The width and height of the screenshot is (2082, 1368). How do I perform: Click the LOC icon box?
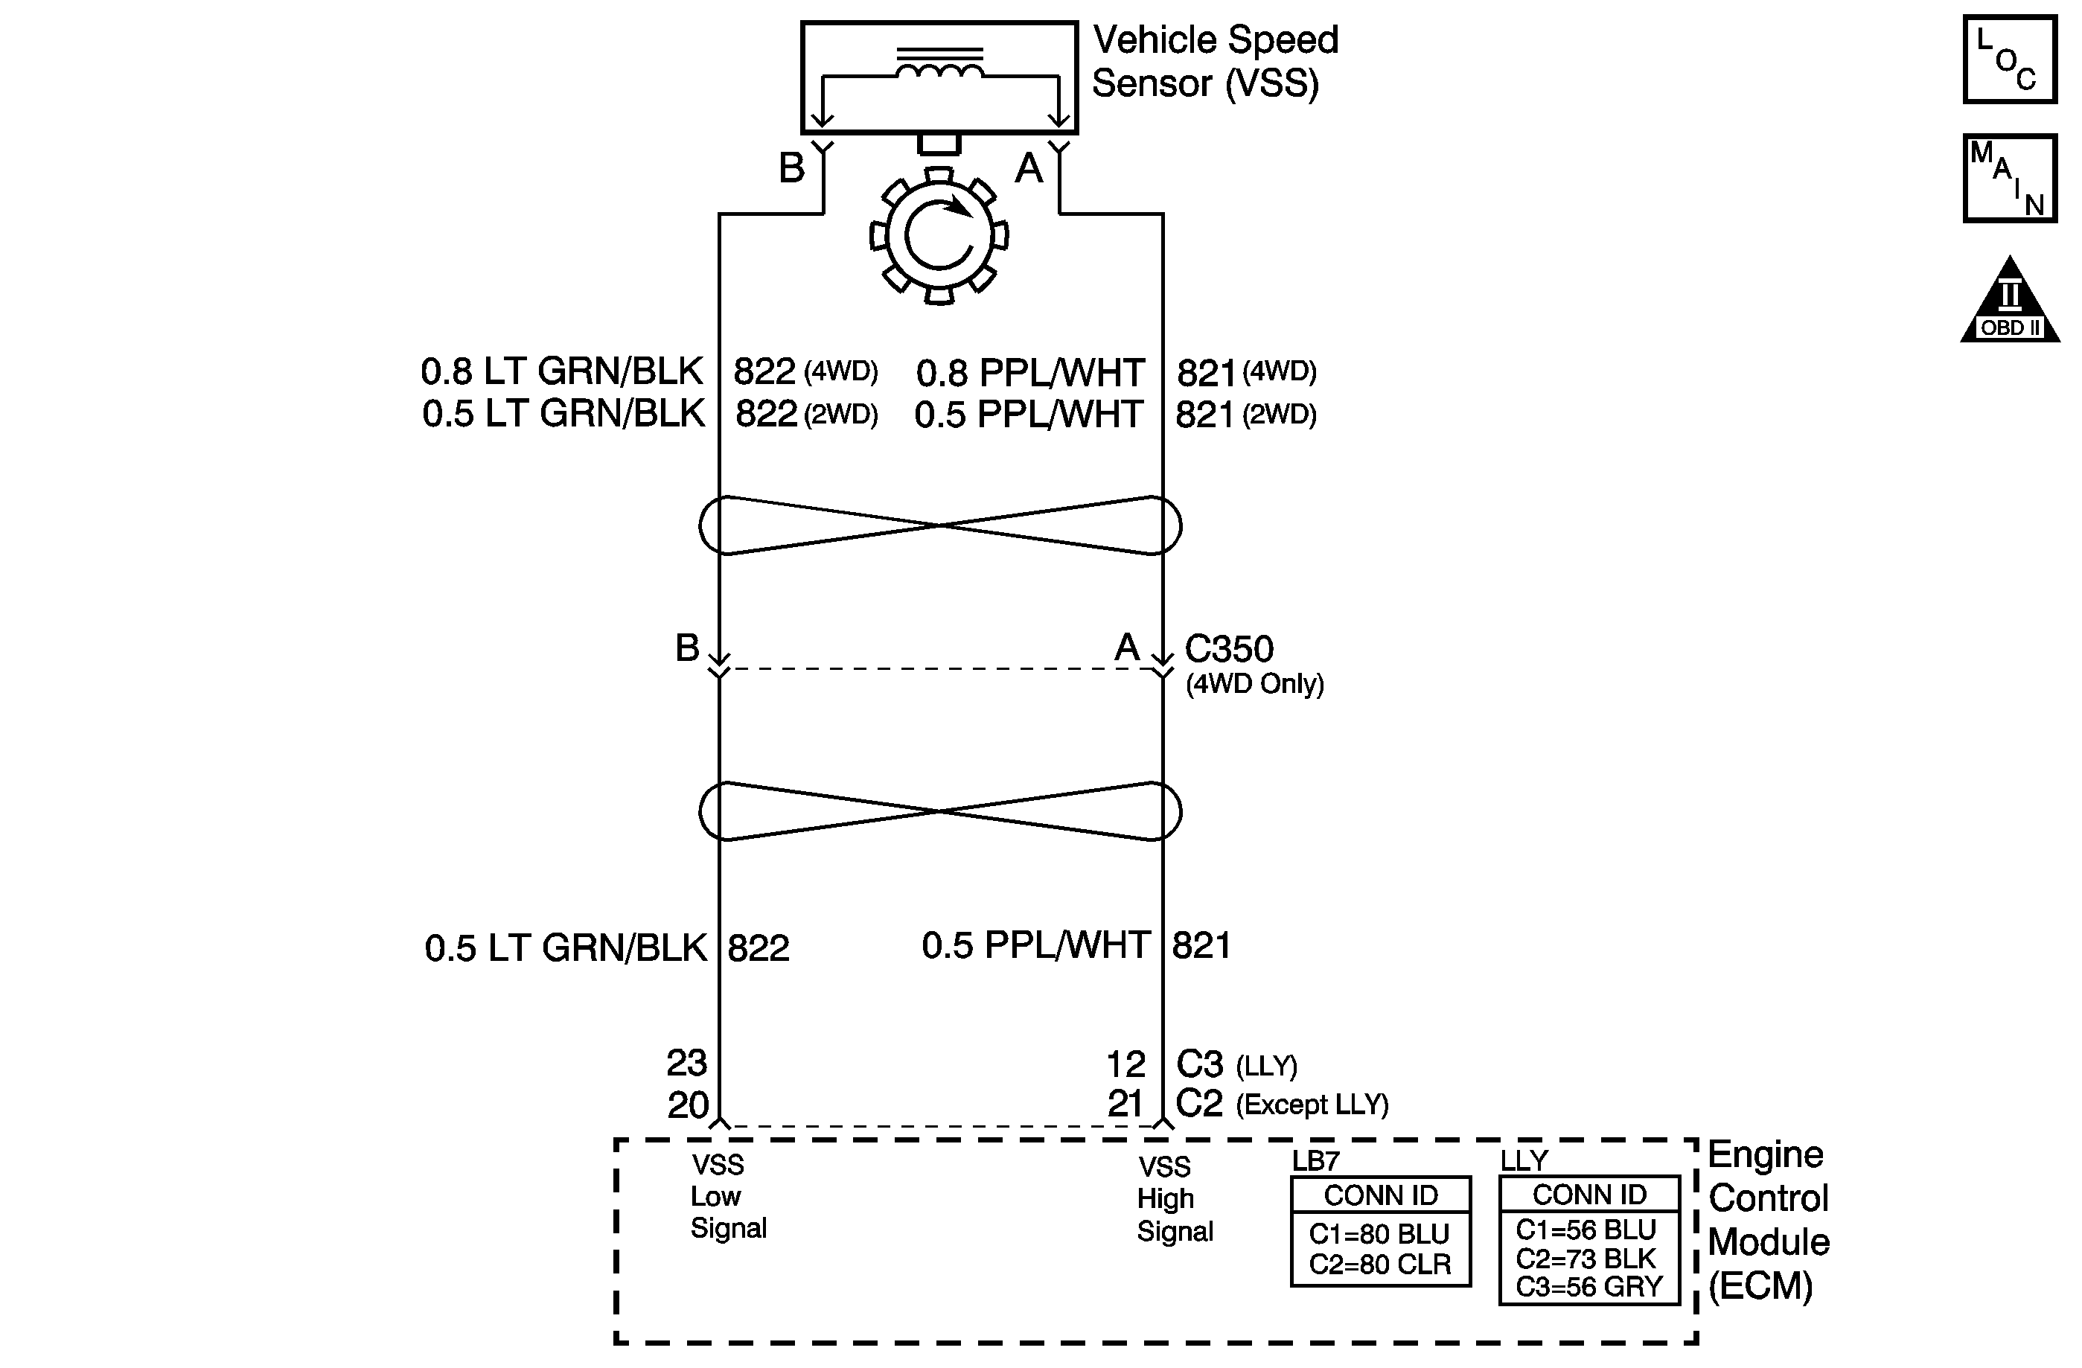coord(2009,60)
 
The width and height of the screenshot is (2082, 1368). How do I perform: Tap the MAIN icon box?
coord(2009,179)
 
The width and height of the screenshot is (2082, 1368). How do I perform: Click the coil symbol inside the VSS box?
coord(939,68)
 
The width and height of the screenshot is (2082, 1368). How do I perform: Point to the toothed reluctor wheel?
coord(939,236)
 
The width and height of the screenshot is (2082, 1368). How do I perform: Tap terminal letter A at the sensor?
coord(1029,168)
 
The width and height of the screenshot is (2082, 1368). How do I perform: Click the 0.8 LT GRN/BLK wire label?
coord(561,371)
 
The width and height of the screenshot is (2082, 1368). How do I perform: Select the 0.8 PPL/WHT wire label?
coord(1029,374)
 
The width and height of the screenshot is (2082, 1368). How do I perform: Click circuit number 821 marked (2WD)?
coord(1204,415)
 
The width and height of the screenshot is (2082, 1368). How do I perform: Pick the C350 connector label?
coord(1228,649)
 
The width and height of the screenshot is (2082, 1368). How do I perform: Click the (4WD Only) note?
coord(1254,684)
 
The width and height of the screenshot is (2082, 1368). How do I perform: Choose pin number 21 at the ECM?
coord(1125,1104)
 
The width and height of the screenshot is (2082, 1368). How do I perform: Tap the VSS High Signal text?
coord(1173,1199)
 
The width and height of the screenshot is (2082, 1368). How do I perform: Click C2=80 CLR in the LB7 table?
coord(1379,1265)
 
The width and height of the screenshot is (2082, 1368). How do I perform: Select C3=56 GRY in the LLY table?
coord(1588,1288)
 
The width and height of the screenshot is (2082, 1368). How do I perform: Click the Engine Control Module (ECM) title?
coord(1768,1220)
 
